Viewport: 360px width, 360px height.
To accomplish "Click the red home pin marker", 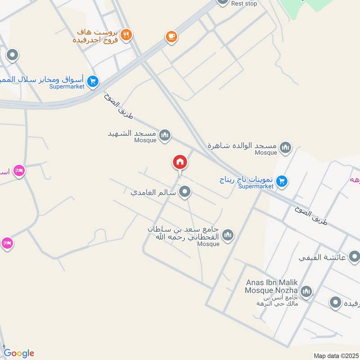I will [180, 162].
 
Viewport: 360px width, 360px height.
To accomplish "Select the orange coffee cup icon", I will [171, 36].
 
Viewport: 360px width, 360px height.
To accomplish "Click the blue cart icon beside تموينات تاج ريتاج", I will [282, 181].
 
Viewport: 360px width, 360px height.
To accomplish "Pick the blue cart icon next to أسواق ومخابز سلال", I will [93, 81].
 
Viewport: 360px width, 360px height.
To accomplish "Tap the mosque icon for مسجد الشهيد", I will [165, 135].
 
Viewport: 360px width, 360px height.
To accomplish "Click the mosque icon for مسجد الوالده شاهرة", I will [285, 147].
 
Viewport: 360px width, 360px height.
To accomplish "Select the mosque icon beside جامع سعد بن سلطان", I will [228, 235].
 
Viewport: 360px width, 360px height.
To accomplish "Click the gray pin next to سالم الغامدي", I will [184, 193].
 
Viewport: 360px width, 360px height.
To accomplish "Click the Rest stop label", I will [244, 4].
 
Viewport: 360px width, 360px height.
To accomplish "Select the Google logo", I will [19, 353].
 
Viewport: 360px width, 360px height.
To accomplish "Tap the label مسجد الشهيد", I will [132, 134].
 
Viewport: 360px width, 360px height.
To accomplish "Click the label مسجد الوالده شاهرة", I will [243, 146].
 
